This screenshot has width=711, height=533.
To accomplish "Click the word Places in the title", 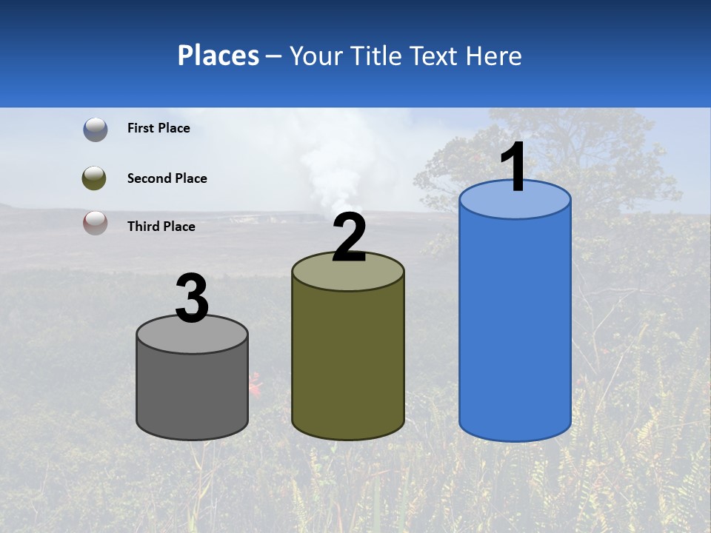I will click(x=218, y=56).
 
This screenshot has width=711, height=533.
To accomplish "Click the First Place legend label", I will click(x=158, y=128).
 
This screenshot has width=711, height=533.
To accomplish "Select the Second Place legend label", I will click(x=167, y=178).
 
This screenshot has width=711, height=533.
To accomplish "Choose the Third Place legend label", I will click(x=161, y=227).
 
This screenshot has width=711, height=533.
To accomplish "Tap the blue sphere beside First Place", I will click(x=96, y=129).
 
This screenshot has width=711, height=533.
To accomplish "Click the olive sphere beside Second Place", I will click(x=94, y=178).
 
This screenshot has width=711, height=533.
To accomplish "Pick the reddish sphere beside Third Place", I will click(x=96, y=223).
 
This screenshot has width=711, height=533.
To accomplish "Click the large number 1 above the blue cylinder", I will click(x=513, y=168).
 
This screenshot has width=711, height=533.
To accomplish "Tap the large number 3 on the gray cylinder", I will click(x=193, y=298).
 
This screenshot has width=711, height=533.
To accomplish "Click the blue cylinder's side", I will click(x=515, y=326).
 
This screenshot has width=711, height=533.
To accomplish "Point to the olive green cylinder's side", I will click(x=348, y=363).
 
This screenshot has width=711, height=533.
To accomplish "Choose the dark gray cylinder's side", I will click(x=192, y=392).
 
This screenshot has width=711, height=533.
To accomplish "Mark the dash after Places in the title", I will click(x=274, y=57).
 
